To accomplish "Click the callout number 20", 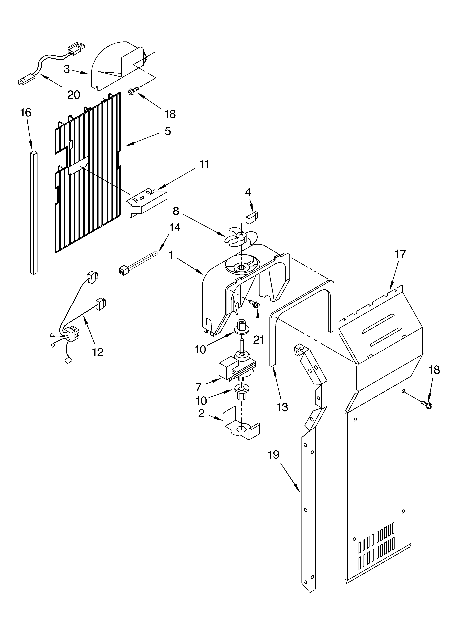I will tap(74, 95).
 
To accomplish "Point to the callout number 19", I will tap(274, 455).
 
